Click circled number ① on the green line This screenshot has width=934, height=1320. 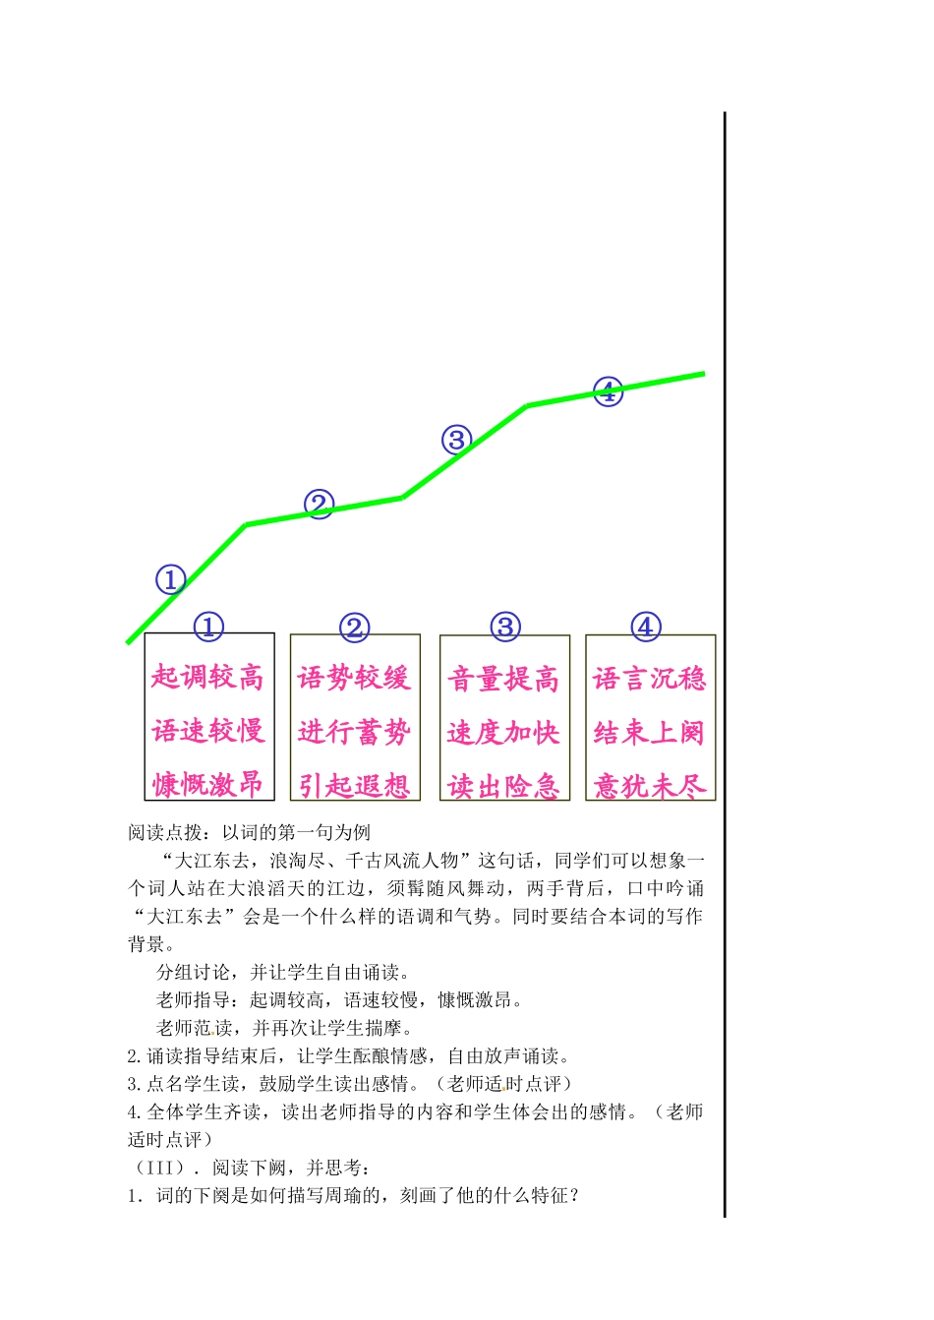171,579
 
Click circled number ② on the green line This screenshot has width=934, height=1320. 319,505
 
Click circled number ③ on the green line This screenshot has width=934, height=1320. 456,440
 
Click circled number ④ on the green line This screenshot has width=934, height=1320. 609,391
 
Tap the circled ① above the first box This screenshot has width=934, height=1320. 208,627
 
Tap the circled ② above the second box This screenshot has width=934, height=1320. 355,628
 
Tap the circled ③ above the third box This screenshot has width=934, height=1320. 505,627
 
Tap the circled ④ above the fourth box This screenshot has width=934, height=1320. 646,627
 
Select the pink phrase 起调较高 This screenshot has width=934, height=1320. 208,677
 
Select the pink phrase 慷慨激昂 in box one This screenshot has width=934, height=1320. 208,784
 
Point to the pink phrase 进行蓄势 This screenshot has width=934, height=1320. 354,732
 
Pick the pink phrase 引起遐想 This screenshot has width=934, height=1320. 354,785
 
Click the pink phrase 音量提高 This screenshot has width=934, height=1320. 503,679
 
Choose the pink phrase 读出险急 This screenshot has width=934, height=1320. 503,785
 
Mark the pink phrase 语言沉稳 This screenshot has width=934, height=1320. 650,679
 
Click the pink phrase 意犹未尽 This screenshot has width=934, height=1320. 650,785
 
